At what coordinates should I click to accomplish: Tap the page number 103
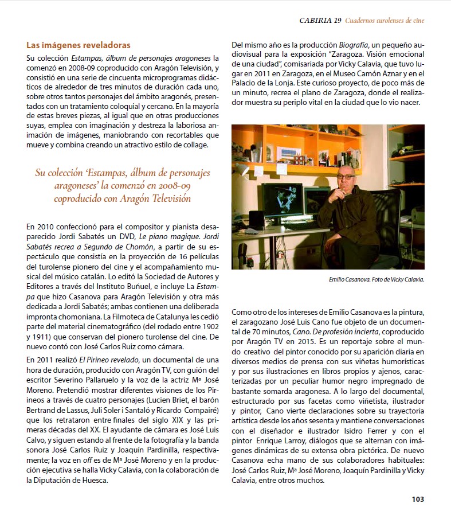(x=418, y=499)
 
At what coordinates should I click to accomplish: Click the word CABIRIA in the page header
(x=316, y=21)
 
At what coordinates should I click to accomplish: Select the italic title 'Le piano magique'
(x=177, y=238)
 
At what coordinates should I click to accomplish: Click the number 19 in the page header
(x=338, y=21)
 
